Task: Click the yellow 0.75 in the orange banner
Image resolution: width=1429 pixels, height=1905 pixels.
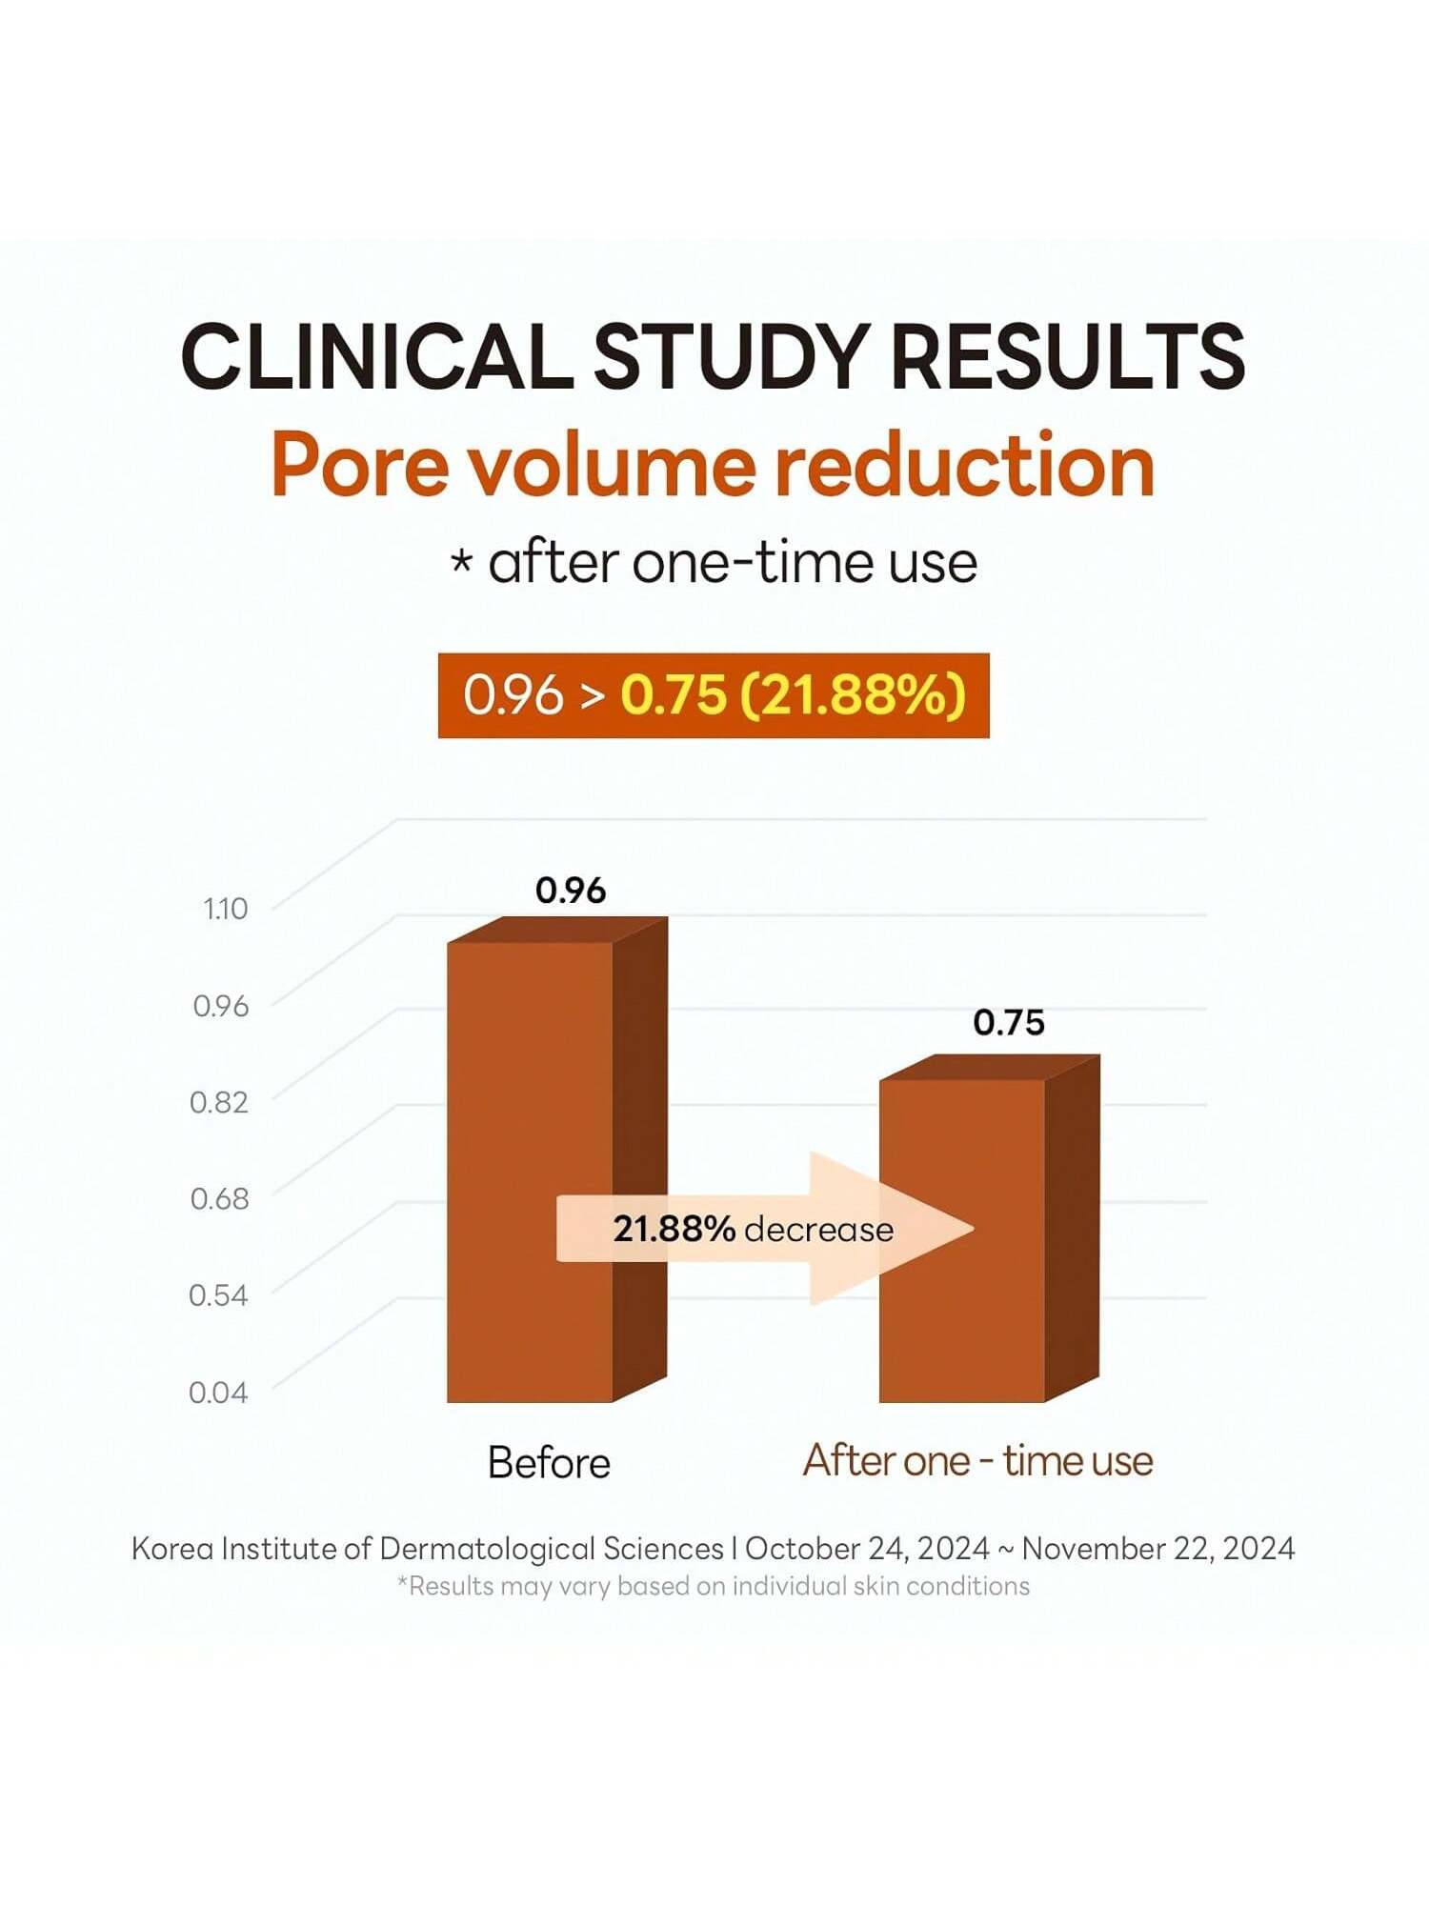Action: (673, 694)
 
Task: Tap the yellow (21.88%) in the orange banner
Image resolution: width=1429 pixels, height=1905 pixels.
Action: (853, 694)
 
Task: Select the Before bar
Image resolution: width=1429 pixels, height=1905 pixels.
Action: (531, 1172)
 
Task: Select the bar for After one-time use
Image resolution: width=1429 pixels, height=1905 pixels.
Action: (962, 1238)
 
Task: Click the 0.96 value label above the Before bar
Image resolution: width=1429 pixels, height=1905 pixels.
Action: (571, 891)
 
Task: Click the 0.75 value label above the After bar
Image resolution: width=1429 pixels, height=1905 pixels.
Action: (1009, 1023)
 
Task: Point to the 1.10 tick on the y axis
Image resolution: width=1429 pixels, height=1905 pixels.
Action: (225, 909)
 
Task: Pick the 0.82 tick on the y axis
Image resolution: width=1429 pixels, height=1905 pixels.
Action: (219, 1102)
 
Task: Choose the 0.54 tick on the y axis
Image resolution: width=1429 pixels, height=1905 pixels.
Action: (218, 1295)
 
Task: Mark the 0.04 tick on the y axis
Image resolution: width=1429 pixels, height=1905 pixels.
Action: (218, 1393)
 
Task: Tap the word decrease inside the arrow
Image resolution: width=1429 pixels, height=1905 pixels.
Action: (819, 1230)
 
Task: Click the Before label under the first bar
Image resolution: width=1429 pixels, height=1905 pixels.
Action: (549, 1463)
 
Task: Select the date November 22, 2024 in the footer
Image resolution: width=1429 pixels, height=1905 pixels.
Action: (1157, 1549)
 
